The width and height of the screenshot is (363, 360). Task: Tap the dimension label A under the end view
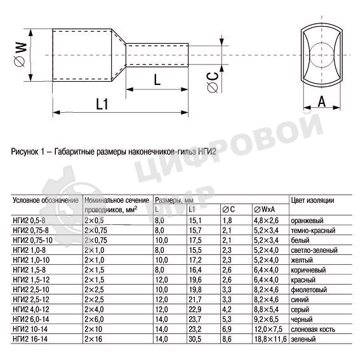[x=322, y=100]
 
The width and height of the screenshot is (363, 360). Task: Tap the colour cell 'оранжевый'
[x=307, y=220]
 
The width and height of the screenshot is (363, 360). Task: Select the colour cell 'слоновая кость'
[x=312, y=331]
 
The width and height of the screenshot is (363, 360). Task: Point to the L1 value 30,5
[x=195, y=340]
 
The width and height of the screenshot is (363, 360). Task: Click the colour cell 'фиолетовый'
[x=308, y=290]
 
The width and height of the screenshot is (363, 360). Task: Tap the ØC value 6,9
[x=227, y=331]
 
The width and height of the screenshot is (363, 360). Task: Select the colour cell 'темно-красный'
[x=312, y=229]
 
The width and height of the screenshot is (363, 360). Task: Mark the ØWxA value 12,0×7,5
[x=268, y=331]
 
